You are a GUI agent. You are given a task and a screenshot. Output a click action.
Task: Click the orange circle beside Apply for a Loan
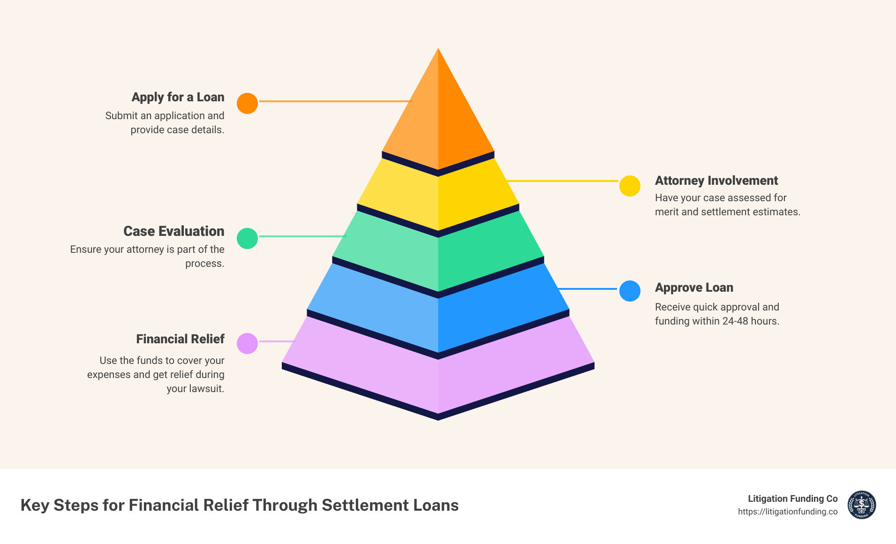pos(247,103)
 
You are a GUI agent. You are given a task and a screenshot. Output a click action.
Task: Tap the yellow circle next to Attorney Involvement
pos(630,186)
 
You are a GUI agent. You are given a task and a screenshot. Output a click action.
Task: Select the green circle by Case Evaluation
pos(247,238)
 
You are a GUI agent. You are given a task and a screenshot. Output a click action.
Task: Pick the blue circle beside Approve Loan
pos(630,291)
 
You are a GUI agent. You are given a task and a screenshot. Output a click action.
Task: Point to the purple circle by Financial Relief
pos(247,343)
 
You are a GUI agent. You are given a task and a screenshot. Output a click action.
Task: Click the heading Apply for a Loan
pos(178,97)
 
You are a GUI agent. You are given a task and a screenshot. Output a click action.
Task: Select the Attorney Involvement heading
pos(716,181)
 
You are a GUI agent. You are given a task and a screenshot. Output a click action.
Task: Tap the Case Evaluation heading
pos(173,231)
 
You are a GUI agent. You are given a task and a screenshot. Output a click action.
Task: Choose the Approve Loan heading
pos(694,287)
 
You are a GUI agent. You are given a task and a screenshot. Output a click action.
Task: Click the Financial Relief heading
pos(180,339)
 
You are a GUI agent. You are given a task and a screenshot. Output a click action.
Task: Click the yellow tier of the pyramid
pos(438,197)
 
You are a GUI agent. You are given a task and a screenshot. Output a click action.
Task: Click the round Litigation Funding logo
pos(861,505)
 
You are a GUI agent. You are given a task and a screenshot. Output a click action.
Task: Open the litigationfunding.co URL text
pos(787,512)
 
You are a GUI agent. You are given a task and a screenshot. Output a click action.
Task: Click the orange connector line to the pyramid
pos(335,101)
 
